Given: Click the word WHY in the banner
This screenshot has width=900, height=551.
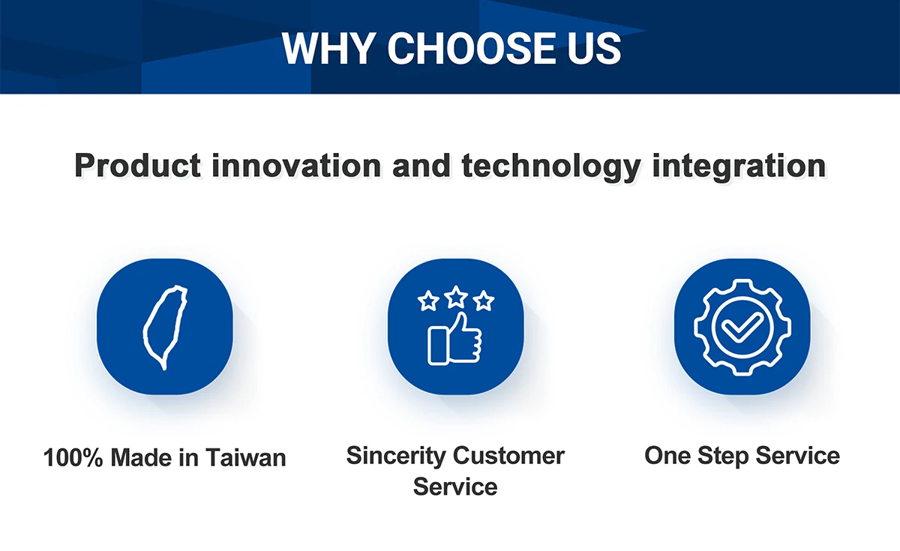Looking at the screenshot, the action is click(329, 48).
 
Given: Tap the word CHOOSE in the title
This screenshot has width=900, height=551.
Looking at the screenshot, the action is click(471, 48).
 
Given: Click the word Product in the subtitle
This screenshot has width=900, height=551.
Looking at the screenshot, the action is click(137, 165).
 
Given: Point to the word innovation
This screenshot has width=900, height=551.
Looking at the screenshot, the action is click(296, 165).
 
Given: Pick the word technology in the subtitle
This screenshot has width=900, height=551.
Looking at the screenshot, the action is click(550, 166).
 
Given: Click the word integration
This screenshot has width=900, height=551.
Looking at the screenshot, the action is click(739, 166).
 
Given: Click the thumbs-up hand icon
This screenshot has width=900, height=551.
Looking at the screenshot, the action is click(454, 339).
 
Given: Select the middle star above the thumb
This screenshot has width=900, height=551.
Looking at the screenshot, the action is click(456, 297).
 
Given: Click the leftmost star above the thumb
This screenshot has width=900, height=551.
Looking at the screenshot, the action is click(428, 301).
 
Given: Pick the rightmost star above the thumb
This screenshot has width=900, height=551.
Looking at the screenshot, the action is click(483, 301).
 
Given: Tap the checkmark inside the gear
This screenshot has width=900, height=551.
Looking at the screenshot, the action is click(742, 328).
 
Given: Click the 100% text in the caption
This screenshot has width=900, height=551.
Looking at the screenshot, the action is click(73, 457).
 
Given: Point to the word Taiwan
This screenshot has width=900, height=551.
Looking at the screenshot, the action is click(246, 457).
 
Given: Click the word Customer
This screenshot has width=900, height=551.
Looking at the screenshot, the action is click(508, 456).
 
